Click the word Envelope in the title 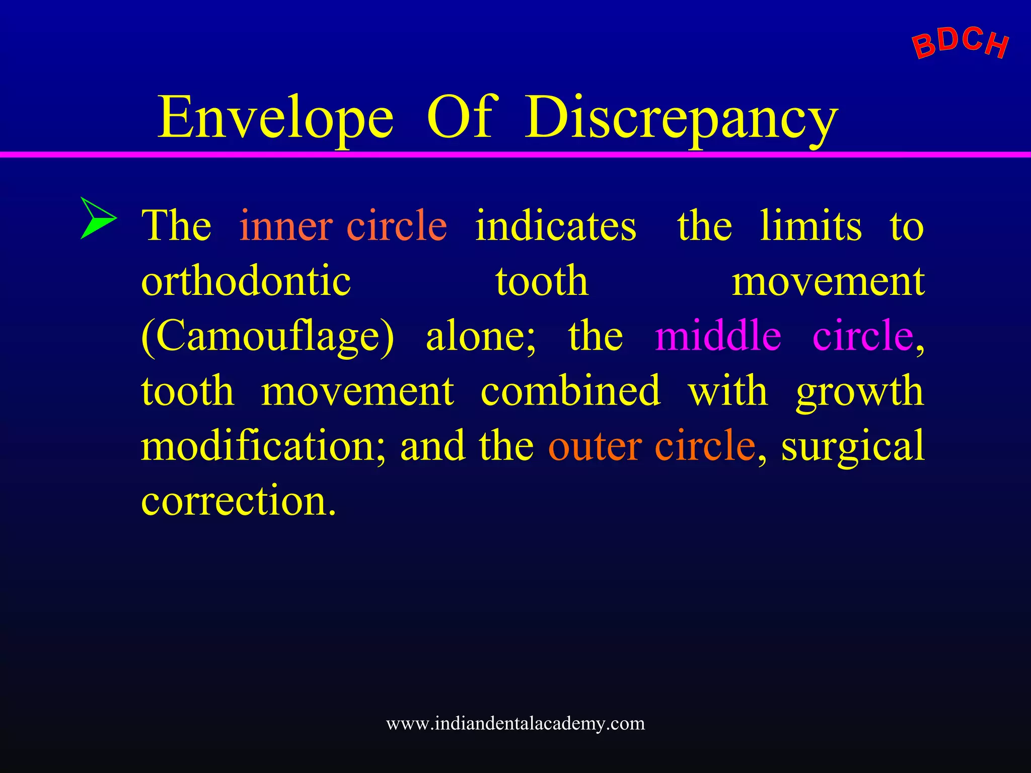pos(275,118)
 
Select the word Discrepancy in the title pos(681,118)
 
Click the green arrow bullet pos(97,218)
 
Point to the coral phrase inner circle pos(343,226)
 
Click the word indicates pos(555,226)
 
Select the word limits pos(811,226)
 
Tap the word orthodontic pos(246,281)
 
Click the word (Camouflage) pos(267,336)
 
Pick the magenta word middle pos(718,336)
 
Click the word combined pos(570,391)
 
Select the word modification pos(263,446)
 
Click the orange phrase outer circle pos(652,446)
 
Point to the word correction pos(238,501)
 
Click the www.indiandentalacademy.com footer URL pos(515,723)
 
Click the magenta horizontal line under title pos(515,154)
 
